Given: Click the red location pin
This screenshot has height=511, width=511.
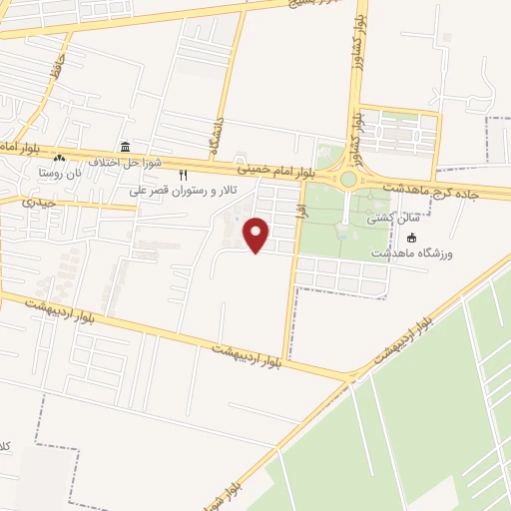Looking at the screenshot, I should pyautogui.click(x=257, y=234).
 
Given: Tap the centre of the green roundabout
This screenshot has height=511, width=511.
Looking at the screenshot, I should pyautogui.click(x=348, y=180).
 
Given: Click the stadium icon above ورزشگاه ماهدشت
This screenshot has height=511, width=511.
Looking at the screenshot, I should pyautogui.click(x=411, y=238).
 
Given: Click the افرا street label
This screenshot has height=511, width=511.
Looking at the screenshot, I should pyautogui.click(x=296, y=210).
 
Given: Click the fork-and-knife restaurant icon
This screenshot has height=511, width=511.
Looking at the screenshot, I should pyautogui.click(x=183, y=175).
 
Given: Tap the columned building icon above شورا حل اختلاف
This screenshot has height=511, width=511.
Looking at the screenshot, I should pyautogui.click(x=124, y=147).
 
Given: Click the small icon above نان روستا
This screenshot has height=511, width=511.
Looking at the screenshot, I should pyautogui.click(x=59, y=158).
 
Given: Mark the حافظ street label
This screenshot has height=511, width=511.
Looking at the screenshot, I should pyautogui.click(x=59, y=68).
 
